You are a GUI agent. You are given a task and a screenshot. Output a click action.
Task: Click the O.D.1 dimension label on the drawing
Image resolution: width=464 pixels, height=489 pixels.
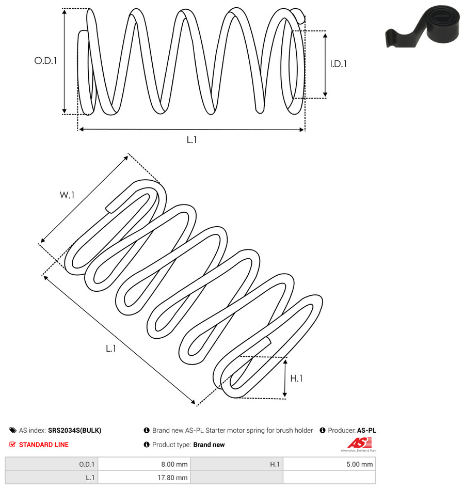point(45,60)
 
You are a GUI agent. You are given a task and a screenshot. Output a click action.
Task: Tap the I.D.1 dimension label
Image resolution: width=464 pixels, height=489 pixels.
point(339,64)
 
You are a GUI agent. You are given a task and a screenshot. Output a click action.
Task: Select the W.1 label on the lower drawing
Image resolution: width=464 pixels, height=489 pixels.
point(67,195)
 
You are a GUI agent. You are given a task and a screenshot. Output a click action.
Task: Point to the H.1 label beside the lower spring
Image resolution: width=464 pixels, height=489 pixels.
point(296,378)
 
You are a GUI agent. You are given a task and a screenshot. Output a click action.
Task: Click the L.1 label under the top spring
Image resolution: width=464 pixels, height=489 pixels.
point(191,140)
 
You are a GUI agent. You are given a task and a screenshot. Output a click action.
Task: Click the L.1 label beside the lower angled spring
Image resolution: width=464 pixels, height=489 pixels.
point(111,349)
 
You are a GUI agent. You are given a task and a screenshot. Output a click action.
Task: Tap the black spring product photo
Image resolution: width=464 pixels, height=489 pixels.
point(423,26)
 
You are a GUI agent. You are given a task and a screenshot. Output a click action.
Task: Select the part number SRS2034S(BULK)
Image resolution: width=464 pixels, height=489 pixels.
point(75,430)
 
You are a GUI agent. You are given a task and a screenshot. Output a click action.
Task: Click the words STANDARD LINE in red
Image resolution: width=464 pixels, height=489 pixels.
point(44,445)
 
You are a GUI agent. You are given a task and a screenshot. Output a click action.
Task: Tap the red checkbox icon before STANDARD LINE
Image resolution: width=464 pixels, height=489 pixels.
point(12,445)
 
